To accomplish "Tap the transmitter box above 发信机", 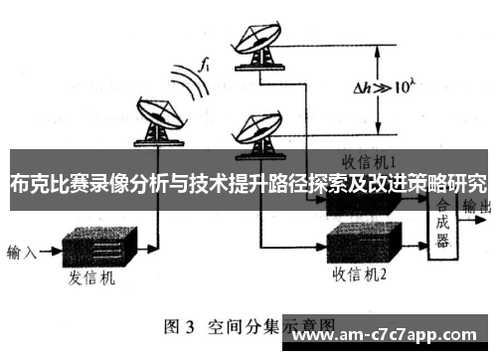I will (x=98, y=248).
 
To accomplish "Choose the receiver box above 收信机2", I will (x=362, y=240).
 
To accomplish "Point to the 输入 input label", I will (x=21, y=251).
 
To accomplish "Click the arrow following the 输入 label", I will (x=49, y=251).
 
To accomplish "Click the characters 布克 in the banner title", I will (x=29, y=184).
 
